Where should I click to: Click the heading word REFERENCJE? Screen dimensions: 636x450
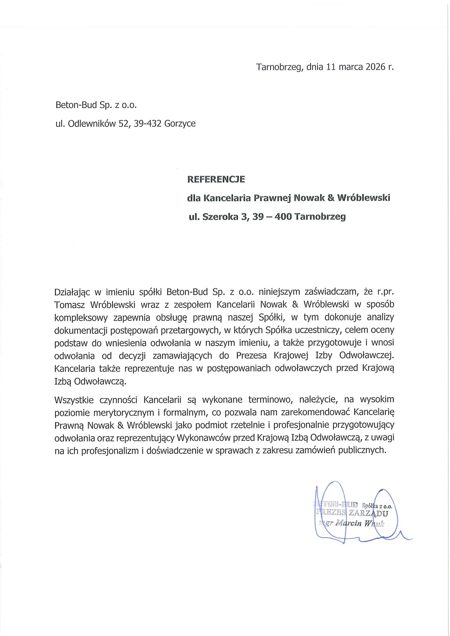(x=216, y=179)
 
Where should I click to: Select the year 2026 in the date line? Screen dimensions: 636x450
(x=375, y=67)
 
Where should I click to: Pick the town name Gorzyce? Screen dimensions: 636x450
(x=180, y=124)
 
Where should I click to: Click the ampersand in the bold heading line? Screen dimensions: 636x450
(x=331, y=198)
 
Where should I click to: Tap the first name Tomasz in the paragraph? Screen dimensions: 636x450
(x=69, y=305)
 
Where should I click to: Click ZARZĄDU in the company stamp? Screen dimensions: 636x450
(x=368, y=513)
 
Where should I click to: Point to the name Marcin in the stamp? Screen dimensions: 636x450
(x=348, y=523)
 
